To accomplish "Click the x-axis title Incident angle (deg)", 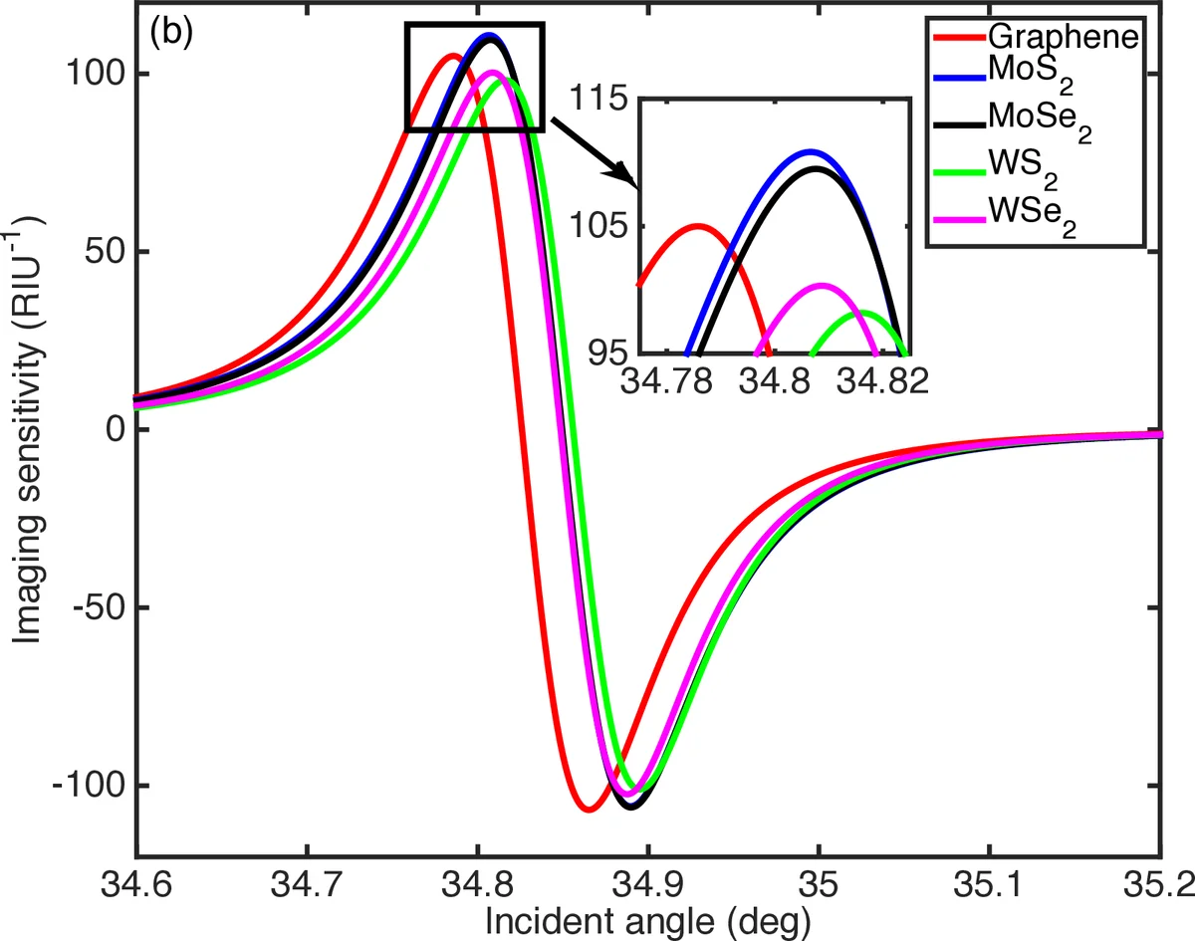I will [x=647, y=921].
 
